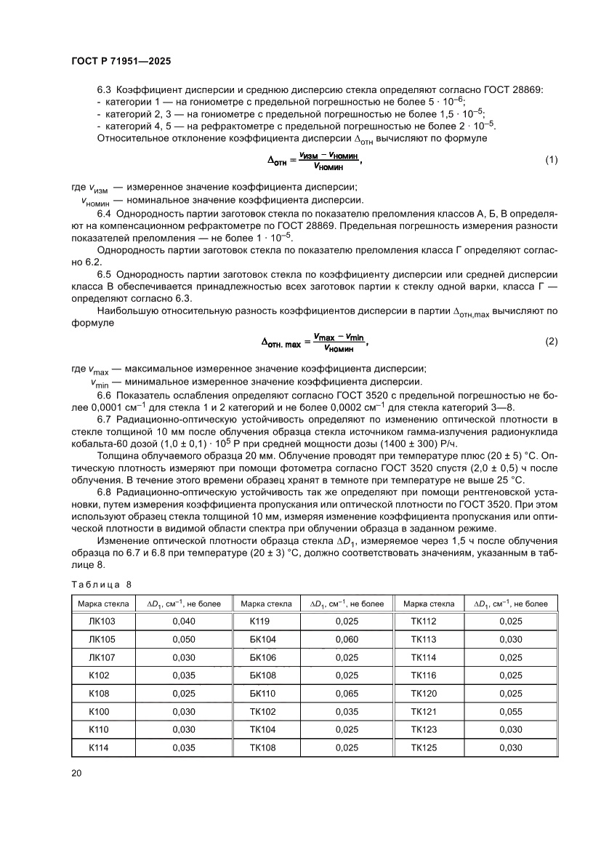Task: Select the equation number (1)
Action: (551, 160)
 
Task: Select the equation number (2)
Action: (551, 341)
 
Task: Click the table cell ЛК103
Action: (102, 622)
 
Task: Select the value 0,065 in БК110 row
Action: (347, 694)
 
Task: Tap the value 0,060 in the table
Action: (347, 640)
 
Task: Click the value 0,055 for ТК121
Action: (512, 711)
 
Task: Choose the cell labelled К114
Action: (99, 747)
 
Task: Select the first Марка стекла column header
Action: (103, 604)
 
